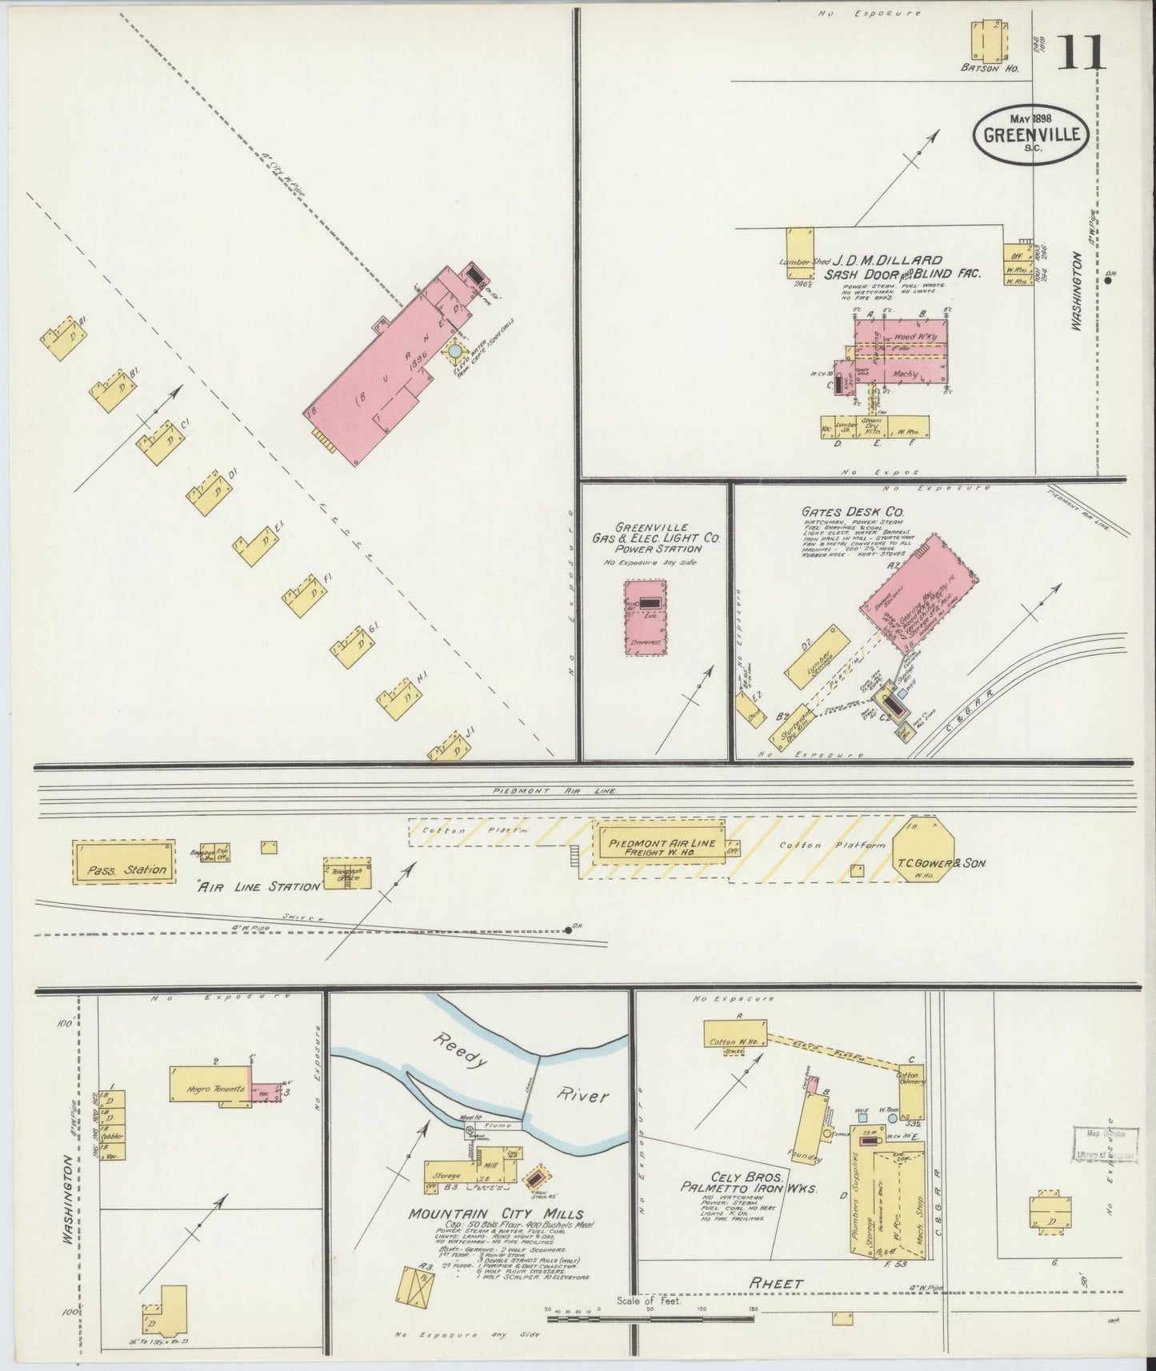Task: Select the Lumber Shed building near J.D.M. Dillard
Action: point(798,253)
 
